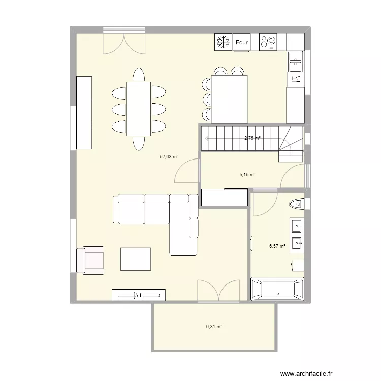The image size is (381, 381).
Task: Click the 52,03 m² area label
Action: tap(169, 157)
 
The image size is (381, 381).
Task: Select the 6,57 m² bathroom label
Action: tap(277, 246)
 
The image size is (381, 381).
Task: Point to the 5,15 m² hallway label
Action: tap(247, 175)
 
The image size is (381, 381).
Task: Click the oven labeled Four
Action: tap(242, 43)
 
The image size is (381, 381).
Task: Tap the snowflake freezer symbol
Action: tap(223, 42)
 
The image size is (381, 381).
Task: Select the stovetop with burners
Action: tap(268, 42)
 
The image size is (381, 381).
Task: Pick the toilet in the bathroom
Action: tap(295, 204)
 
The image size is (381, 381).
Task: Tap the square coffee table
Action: tap(136, 259)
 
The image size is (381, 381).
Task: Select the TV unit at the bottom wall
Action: tap(139, 295)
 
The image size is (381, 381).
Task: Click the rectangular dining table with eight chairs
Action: tap(139, 108)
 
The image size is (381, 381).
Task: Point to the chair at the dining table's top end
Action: tap(139, 75)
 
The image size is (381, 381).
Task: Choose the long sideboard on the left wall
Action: tap(84, 112)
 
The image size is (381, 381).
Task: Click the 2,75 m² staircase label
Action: tap(252, 138)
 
